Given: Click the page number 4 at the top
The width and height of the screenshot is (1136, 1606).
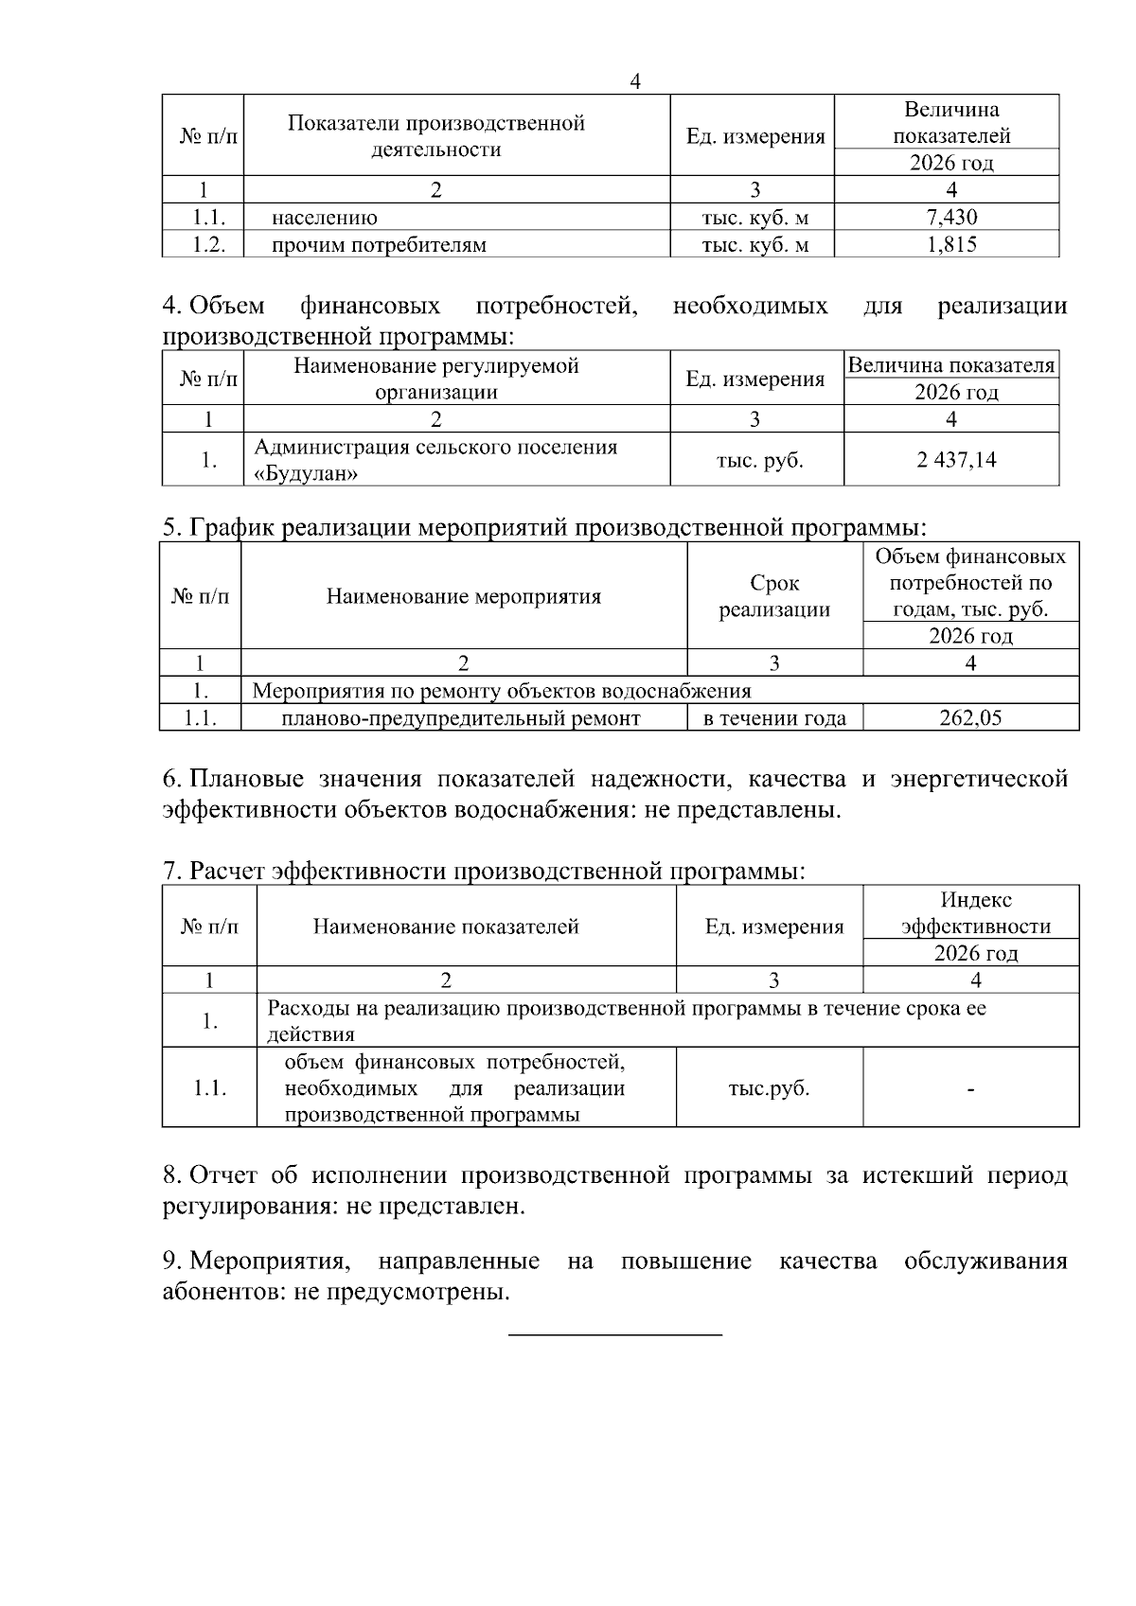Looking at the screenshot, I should point(635,82).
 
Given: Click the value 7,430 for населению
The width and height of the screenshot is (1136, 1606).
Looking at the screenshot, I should point(950,218).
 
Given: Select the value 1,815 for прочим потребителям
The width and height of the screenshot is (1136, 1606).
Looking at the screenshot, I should point(950,245).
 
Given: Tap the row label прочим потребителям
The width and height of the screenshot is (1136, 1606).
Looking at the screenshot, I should point(379,245).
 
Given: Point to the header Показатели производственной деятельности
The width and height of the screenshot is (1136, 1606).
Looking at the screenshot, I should point(436,135).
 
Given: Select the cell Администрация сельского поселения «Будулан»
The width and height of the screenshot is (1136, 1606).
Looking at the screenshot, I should point(435,460).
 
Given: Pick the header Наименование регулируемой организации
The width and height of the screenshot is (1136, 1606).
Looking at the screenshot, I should point(436,379).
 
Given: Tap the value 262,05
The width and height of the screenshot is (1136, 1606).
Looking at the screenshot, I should point(970,718).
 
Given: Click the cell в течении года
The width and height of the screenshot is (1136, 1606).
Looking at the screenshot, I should point(774,718).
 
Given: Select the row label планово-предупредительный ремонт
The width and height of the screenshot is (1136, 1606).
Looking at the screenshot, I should point(461,718).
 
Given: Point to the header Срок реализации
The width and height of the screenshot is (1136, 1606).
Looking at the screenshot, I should point(774,596).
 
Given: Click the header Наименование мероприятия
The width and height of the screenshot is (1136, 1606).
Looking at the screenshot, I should point(464,596).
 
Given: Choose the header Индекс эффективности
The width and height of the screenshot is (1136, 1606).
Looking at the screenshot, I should point(975,912).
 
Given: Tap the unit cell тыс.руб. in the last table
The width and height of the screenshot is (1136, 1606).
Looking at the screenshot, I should point(769,1088).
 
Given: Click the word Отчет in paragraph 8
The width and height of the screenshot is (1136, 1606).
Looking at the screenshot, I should point(223,1175).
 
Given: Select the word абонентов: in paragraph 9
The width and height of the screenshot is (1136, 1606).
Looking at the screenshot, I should point(224,1292).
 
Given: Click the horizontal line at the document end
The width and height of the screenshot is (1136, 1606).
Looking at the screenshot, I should point(615,1335).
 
